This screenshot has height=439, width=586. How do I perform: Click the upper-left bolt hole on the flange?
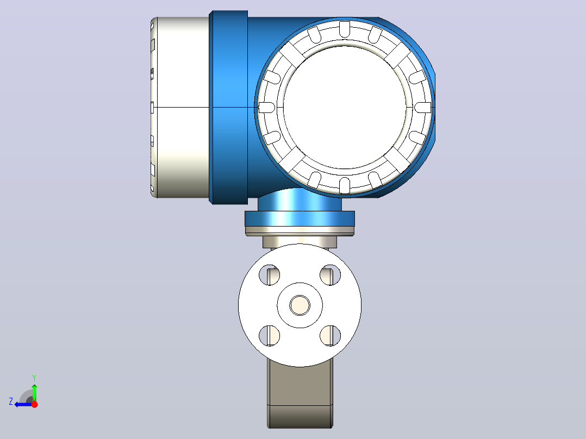point(270,275)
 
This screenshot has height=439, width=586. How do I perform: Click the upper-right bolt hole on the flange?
point(331,275)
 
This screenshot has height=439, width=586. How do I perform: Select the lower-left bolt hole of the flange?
point(270,336)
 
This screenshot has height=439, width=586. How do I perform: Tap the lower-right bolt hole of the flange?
point(331,336)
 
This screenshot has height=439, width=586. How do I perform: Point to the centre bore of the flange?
point(300,305)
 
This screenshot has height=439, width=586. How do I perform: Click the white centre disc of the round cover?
point(345,107)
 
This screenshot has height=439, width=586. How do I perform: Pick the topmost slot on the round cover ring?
point(345,29)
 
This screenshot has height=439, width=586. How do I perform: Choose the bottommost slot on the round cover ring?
point(345,186)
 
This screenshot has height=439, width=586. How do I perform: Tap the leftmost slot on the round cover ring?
point(267,108)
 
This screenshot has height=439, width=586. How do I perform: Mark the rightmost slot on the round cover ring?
point(423,108)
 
